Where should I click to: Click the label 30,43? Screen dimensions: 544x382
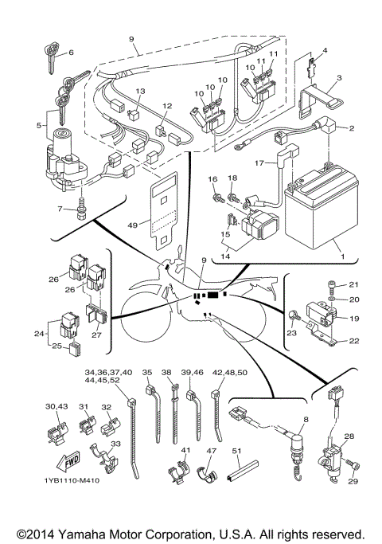pyautogui.click(x=57, y=406)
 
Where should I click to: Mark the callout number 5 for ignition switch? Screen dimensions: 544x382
pyautogui.click(x=39, y=125)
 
